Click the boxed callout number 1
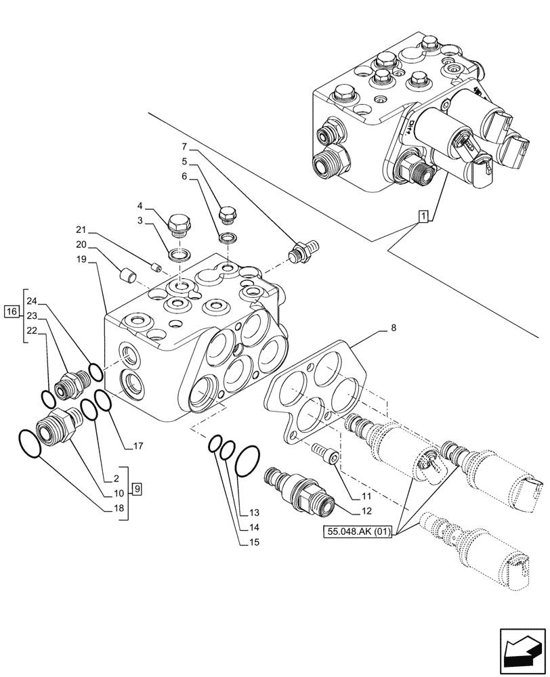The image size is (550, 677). pyautogui.click(x=423, y=217)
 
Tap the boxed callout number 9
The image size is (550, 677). pyautogui.click(x=137, y=488)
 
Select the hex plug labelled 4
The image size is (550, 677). pyautogui.click(x=179, y=223)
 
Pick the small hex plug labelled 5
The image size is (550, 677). pyautogui.click(x=227, y=215)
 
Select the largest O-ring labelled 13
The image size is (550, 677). pyautogui.click(x=248, y=460)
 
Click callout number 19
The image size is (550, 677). pyautogui.click(x=81, y=259)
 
